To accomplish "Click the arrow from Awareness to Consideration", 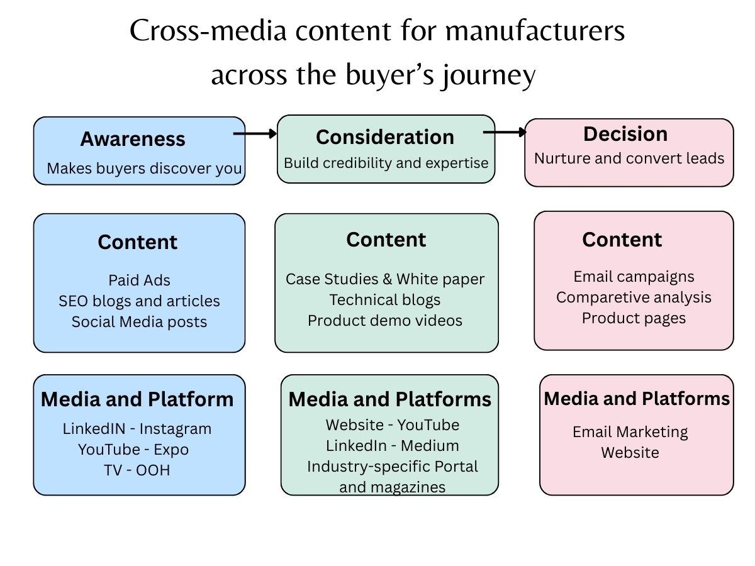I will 255,133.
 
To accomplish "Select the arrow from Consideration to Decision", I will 505,132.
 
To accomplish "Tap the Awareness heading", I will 133,139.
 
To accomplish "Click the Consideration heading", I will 385,137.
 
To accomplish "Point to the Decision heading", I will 625,134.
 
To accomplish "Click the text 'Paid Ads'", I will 139,280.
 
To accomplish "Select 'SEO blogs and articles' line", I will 139,301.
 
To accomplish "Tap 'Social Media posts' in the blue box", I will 139,322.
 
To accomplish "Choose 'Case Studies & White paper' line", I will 385,279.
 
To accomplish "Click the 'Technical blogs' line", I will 385,299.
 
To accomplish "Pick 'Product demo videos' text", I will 385,320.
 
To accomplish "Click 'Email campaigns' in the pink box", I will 634,277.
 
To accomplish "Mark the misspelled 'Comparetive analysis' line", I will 634,297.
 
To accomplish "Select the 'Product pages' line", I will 634,318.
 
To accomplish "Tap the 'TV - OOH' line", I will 137,470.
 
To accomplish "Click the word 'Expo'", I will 172,450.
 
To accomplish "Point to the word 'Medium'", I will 430,446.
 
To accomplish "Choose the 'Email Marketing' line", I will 630,432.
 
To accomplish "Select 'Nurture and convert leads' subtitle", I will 629,158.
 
